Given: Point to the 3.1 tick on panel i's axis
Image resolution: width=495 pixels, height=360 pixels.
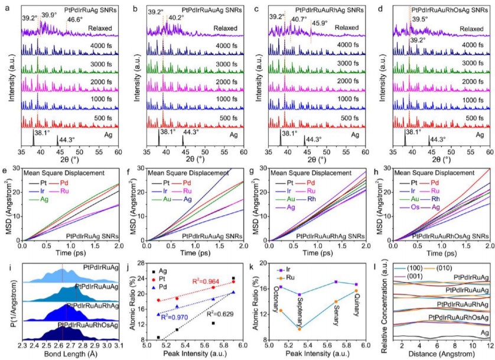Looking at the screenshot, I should tap(117, 345).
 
